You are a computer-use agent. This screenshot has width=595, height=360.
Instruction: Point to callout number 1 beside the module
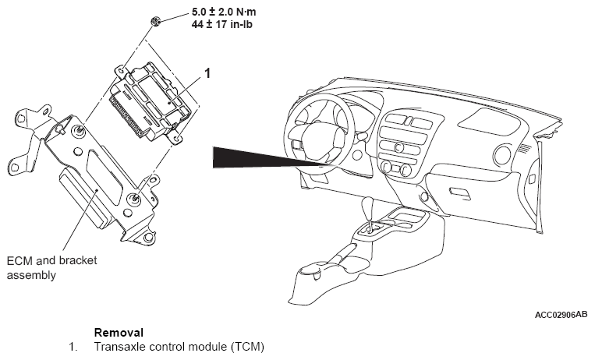click(207, 74)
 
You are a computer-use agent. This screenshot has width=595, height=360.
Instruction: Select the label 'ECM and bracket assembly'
click(51, 268)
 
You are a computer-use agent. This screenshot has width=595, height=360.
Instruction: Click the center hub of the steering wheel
click(321, 140)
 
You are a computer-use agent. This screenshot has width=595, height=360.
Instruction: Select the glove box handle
click(460, 192)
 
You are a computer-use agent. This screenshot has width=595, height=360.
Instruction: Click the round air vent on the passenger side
click(530, 180)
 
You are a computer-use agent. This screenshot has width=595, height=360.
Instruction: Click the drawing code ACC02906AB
click(561, 316)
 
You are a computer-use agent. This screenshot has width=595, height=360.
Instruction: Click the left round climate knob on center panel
click(385, 167)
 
